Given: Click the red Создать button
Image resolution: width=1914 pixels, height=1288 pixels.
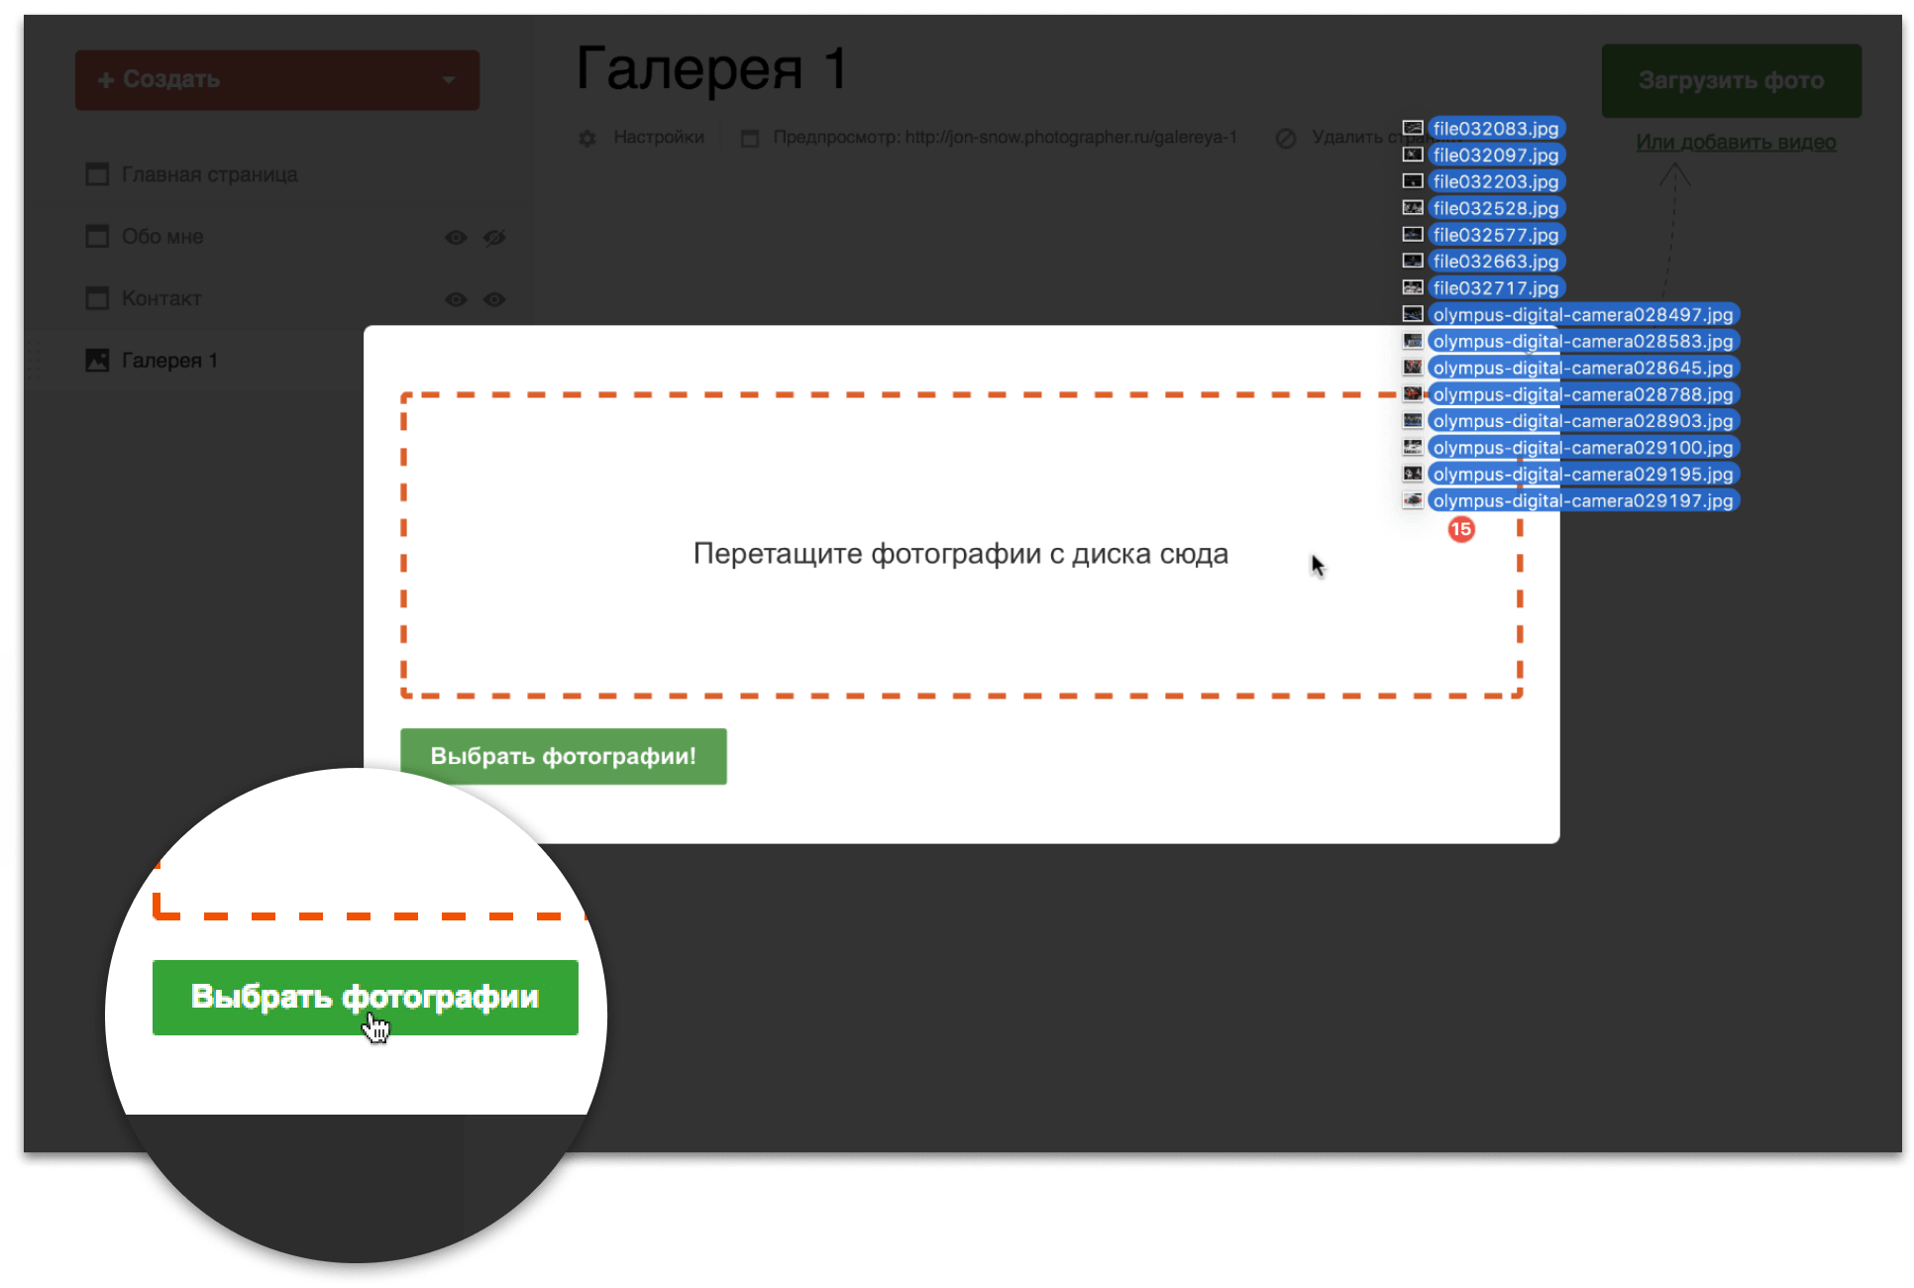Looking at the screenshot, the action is click(x=276, y=80).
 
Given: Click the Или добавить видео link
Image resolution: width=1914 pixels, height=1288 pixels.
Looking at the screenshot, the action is click(x=1736, y=143).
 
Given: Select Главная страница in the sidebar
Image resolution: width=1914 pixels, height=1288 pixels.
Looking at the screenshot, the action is click(x=209, y=175).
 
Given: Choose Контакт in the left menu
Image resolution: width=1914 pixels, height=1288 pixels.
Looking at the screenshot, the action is click(x=161, y=299).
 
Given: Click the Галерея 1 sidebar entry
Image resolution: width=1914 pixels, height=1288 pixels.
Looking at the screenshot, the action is click(x=168, y=361).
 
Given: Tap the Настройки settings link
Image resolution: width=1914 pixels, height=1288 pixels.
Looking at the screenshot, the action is click(x=658, y=138).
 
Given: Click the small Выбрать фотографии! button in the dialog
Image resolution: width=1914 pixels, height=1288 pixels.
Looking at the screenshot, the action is click(x=563, y=757).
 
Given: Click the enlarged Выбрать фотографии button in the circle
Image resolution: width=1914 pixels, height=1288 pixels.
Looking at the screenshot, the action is click(x=365, y=998).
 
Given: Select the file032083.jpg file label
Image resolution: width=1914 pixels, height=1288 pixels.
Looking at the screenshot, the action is click(x=1495, y=129).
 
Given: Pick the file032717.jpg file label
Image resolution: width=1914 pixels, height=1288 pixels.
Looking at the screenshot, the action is click(x=1495, y=288).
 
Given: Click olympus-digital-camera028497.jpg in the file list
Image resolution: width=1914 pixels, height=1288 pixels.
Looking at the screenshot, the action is click(x=1582, y=315).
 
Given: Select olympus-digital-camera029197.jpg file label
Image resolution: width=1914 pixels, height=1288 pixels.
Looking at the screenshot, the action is click(x=1582, y=501).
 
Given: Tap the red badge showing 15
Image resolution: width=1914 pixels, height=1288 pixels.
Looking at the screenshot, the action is click(x=1461, y=530).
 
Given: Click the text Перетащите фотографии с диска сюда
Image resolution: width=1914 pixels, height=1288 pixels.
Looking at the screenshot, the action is click(x=960, y=554).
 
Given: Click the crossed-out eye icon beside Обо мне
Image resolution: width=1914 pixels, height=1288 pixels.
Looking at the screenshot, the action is click(x=494, y=238).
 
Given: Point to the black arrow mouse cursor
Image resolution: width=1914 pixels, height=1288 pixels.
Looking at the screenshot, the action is click(x=1317, y=565).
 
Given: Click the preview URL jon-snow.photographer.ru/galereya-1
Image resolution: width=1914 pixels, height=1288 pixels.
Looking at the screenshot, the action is click(x=1070, y=138).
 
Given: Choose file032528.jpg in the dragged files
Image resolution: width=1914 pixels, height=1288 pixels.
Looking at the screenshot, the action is click(x=1495, y=209).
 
